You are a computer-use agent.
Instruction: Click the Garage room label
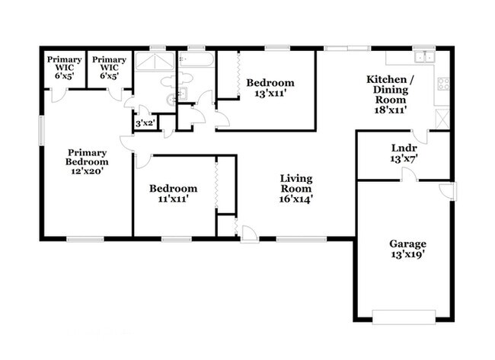407,244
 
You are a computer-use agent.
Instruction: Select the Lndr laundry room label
404,148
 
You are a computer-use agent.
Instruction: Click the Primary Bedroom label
87,156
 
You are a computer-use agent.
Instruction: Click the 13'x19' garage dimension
407,255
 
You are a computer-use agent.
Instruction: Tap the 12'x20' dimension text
87,171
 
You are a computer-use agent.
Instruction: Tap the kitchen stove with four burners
442,84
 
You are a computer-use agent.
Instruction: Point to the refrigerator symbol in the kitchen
442,118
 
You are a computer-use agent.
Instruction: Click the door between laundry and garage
410,176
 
